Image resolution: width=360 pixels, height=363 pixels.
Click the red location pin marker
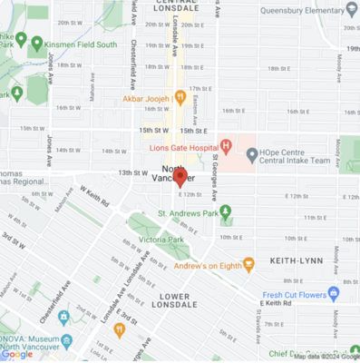tap(180, 178)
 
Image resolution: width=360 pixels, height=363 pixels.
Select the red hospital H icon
tap(226, 146)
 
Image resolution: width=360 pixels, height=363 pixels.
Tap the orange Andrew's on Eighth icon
tap(248, 263)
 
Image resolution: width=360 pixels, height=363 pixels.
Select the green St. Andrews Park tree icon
tap(225, 212)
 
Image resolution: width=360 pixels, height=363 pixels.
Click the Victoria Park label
tap(161, 240)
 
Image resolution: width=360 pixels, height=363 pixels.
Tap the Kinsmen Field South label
tap(80, 44)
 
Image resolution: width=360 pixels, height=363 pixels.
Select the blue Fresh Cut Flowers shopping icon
tap(332, 294)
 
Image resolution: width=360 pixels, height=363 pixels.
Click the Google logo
tap(16, 355)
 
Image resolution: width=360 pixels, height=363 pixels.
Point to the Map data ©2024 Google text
tap(325, 357)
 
